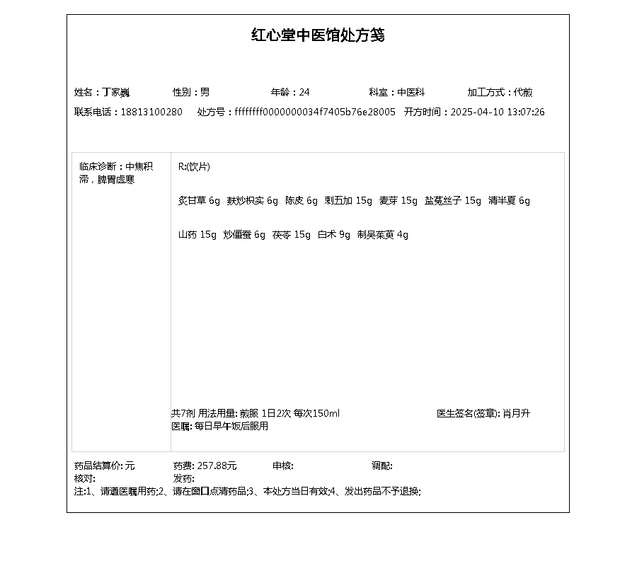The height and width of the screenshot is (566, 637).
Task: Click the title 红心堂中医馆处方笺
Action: click(x=318, y=35)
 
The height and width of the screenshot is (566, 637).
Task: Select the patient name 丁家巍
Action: click(x=116, y=92)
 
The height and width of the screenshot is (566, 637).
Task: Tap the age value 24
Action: click(x=304, y=92)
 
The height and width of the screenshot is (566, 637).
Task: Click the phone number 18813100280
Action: click(x=151, y=112)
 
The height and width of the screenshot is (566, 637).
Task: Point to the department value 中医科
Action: click(x=411, y=92)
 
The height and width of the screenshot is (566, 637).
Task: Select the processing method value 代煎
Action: click(x=523, y=92)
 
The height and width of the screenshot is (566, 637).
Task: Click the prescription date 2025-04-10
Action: click(x=476, y=112)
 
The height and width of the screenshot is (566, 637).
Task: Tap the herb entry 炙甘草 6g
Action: click(x=200, y=201)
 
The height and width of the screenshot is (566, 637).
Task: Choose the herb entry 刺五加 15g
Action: click(x=348, y=201)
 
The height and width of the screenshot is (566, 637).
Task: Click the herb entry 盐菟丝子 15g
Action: click(x=452, y=201)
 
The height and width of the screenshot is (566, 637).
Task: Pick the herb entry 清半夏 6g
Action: click(x=509, y=201)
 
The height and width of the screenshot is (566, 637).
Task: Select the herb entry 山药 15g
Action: click(x=197, y=235)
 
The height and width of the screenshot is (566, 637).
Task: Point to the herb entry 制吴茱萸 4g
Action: click(x=383, y=235)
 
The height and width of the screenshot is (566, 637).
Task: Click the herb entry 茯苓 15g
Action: click(x=292, y=235)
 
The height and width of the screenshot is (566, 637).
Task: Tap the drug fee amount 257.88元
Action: click(x=217, y=466)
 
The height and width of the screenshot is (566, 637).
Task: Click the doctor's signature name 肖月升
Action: click(x=516, y=413)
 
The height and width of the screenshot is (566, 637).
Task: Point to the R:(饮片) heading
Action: click(x=194, y=167)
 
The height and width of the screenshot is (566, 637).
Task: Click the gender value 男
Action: click(x=205, y=92)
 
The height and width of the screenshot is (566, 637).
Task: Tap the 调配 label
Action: click(x=381, y=466)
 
